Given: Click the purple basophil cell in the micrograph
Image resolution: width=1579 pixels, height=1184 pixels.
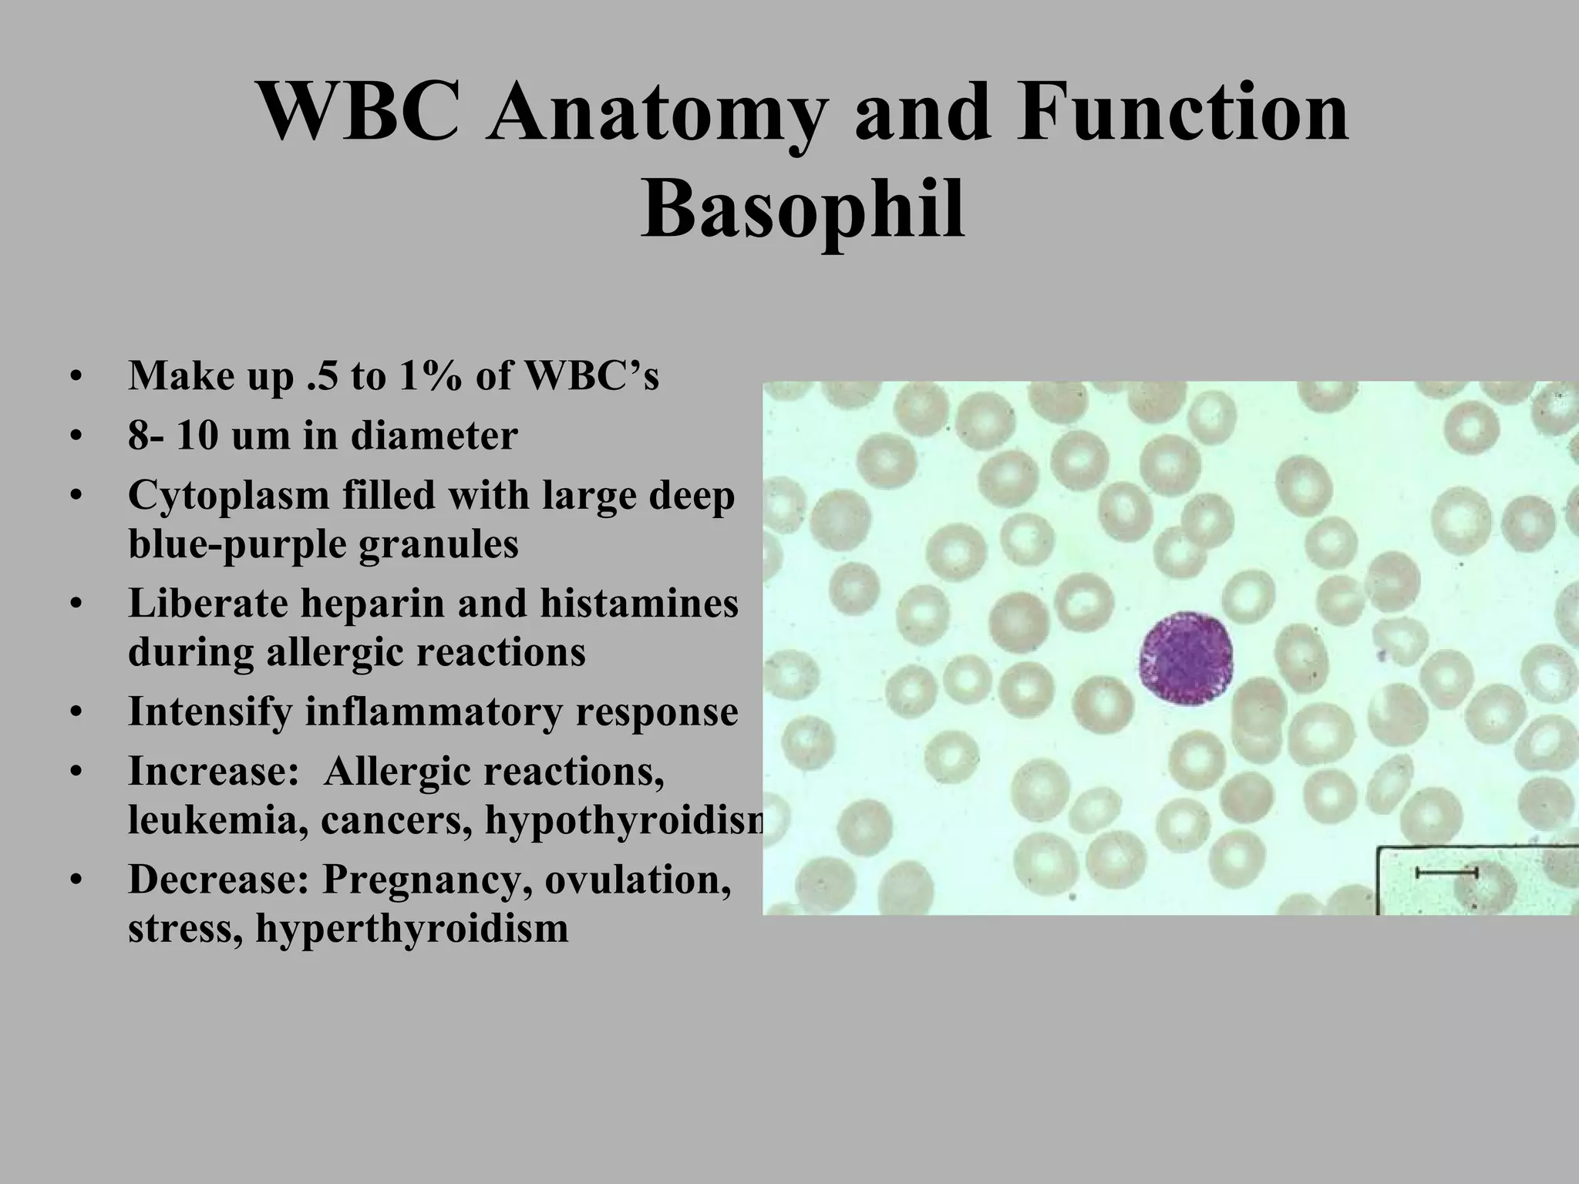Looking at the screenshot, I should [1186, 658].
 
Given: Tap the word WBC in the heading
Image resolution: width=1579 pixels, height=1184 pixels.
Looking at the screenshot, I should [359, 113].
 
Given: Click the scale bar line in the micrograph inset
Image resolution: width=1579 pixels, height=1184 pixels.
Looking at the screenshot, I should [1446, 873].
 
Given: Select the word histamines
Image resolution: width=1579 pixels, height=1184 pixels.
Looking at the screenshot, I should [638, 603].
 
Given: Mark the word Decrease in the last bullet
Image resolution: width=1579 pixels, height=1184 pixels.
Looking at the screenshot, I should [217, 880].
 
